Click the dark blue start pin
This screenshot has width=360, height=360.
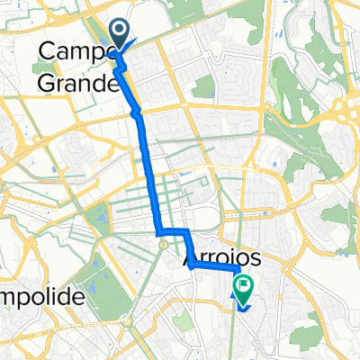coord(120,35)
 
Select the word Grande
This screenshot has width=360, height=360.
coord(79,85)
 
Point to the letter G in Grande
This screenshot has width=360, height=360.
coord(48,85)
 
